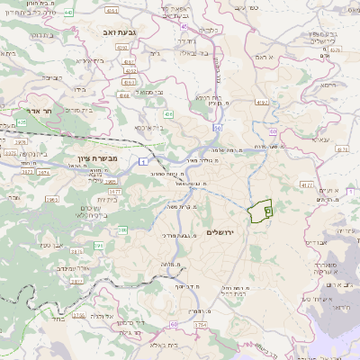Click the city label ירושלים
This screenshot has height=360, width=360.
(x=219, y=233)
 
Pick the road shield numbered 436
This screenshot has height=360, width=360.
(x=168, y=114)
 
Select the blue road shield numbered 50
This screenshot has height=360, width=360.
(x=218, y=129)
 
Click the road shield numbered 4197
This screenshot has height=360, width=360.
(x=263, y=103)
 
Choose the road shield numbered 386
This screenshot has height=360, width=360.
(x=122, y=230)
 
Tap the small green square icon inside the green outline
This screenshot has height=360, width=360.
(x=267, y=209)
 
